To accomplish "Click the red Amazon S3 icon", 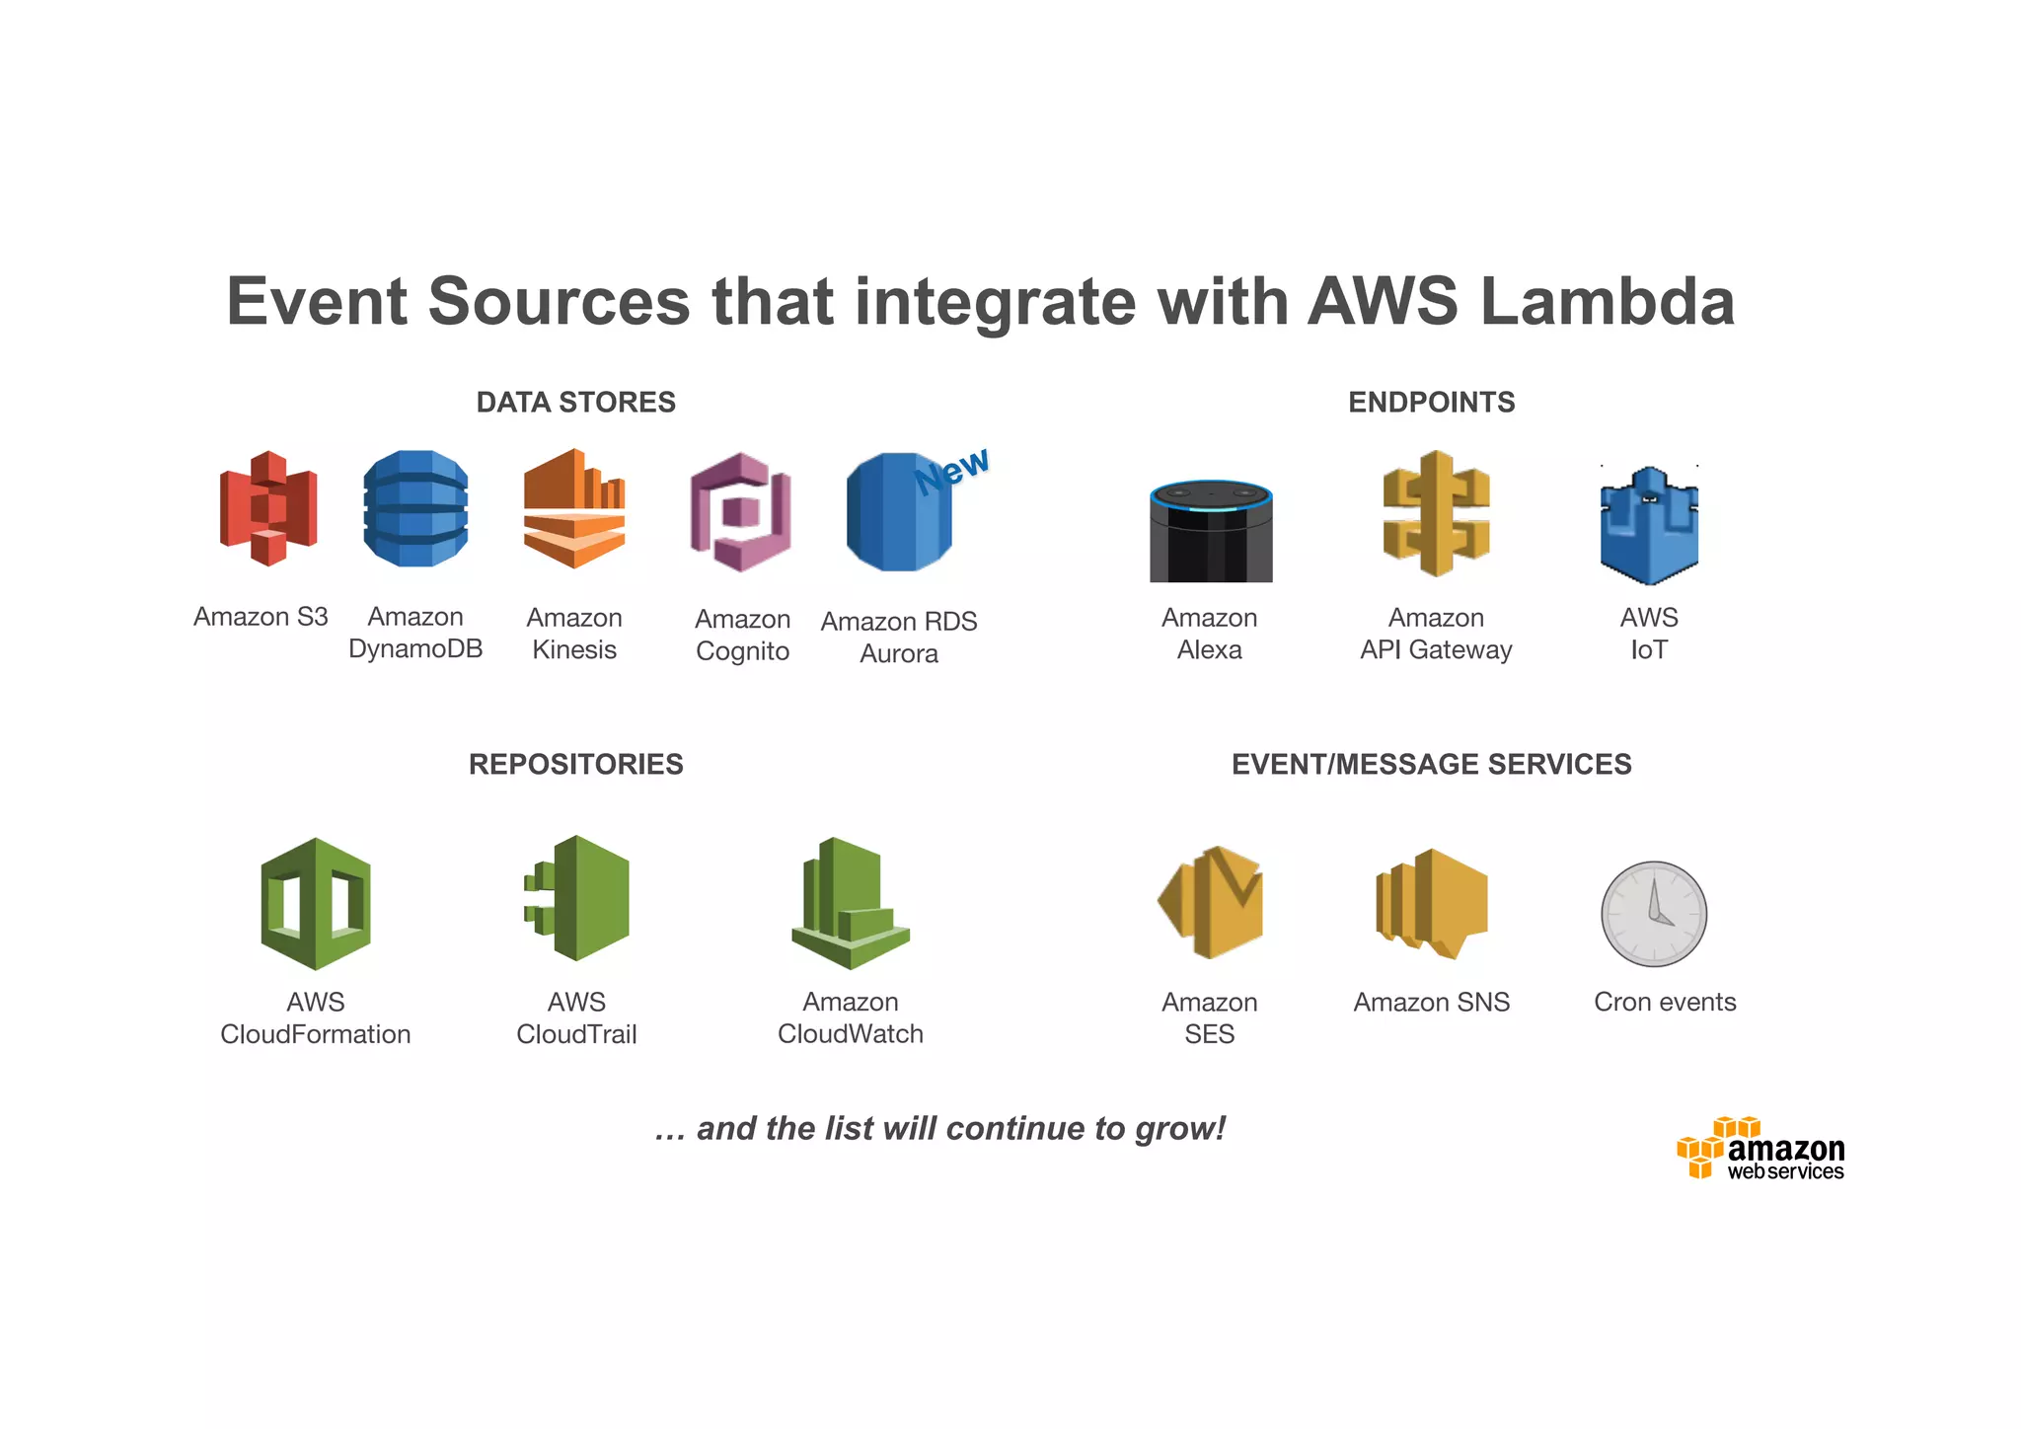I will click(x=268, y=508).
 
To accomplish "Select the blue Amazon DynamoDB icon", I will click(x=415, y=508).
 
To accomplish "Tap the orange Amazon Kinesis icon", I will click(x=574, y=508).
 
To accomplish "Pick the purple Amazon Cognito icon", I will click(x=741, y=511).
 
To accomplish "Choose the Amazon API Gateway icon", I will click(x=1436, y=513).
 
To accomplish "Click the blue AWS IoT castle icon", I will click(x=1649, y=525).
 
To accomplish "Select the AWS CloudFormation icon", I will click(x=316, y=903).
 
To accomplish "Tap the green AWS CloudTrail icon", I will click(x=578, y=898).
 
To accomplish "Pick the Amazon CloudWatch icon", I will click(x=850, y=903).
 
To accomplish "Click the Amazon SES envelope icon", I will click(x=1211, y=902).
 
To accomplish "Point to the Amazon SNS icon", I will click(x=1432, y=903).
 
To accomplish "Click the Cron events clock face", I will click(x=1654, y=914).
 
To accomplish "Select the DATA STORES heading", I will click(x=576, y=403).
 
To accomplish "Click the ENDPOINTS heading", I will click(x=1432, y=403).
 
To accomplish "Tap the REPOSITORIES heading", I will click(x=576, y=765).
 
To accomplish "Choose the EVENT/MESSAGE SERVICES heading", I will click(x=1432, y=765).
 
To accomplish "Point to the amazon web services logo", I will click(x=1761, y=1150).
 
